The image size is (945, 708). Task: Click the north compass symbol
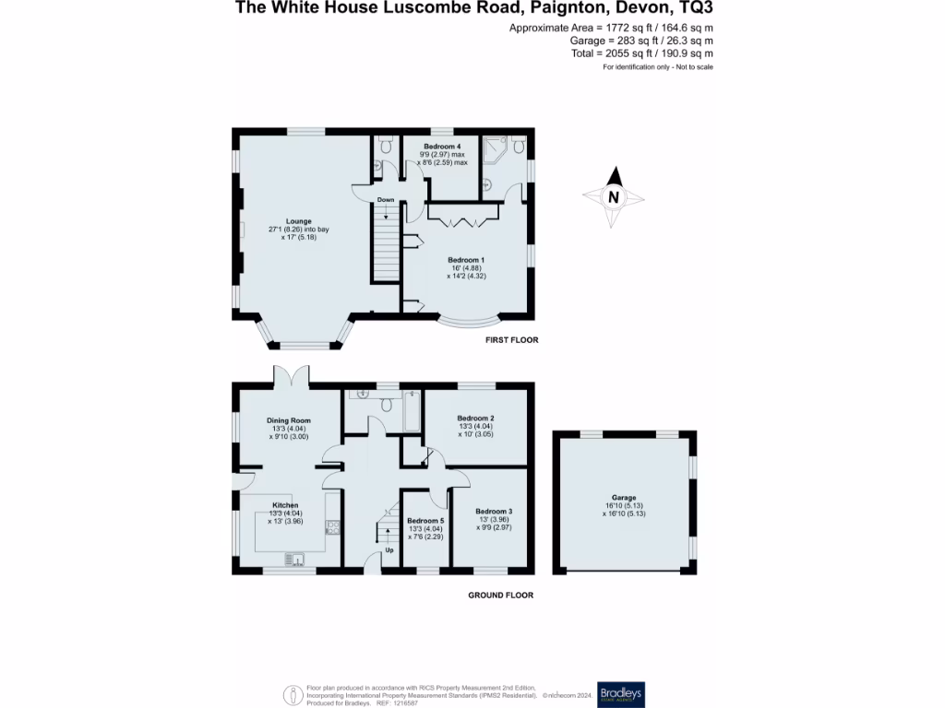tap(613, 196)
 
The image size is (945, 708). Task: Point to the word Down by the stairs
tap(386, 200)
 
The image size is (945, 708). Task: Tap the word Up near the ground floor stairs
tap(389, 549)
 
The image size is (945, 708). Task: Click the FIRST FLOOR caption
tap(511, 340)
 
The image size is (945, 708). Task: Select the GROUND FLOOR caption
tap(500, 596)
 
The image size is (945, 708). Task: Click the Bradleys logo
tap(621, 693)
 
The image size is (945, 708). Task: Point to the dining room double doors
tap(292, 377)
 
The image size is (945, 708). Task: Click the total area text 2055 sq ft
tap(641, 53)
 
